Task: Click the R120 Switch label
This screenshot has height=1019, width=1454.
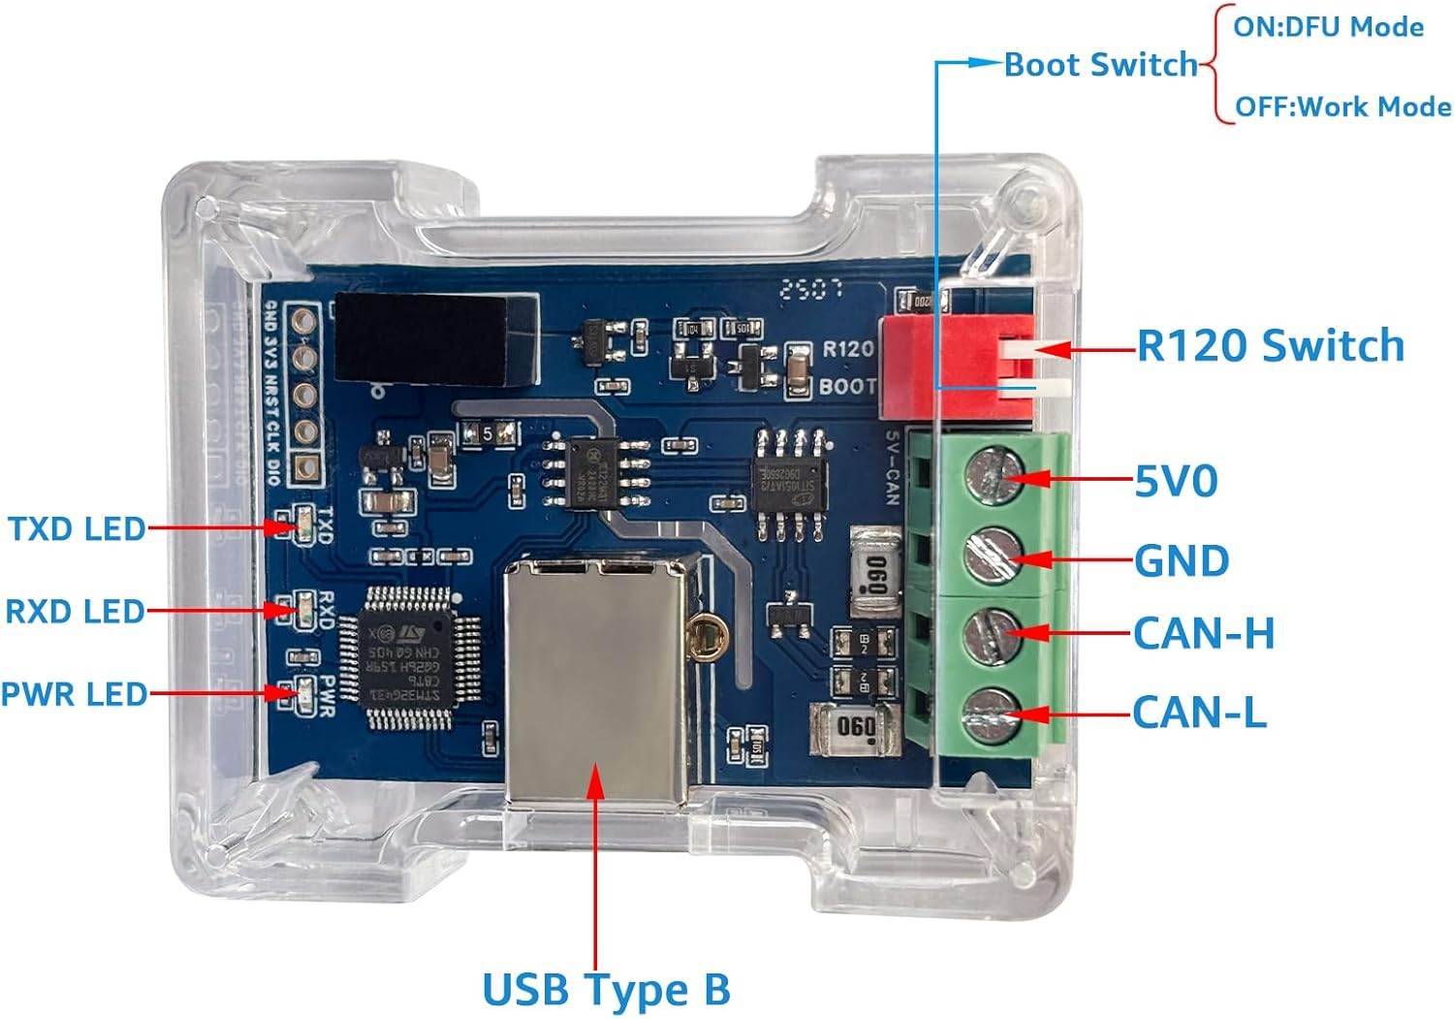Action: click(x=1270, y=346)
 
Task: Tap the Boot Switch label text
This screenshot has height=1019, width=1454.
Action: click(x=1101, y=65)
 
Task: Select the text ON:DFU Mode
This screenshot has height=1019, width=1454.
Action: click(x=1328, y=27)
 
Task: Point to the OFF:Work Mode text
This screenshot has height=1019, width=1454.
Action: click(x=1343, y=107)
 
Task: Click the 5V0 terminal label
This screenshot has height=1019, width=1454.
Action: click(x=1176, y=481)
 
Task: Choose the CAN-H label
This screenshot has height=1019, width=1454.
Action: click(x=1204, y=634)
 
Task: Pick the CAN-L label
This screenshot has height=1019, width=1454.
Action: click(x=1199, y=713)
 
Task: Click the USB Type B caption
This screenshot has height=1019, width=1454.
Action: click(x=606, y=990)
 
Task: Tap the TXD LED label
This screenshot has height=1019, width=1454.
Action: click(x=77, y=529)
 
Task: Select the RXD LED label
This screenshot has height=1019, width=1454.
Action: click(x=75, y=612)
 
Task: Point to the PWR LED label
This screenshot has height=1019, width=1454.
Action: click(x=74, y=694)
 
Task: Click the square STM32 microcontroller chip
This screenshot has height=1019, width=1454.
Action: click(x=408, y=657)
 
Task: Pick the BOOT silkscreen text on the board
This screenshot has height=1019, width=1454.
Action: click(x=847, y=386)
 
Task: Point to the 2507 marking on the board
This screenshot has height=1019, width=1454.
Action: click(x=811, y=288)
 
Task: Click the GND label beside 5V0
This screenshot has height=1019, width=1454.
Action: click(x=1182, y=561)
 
